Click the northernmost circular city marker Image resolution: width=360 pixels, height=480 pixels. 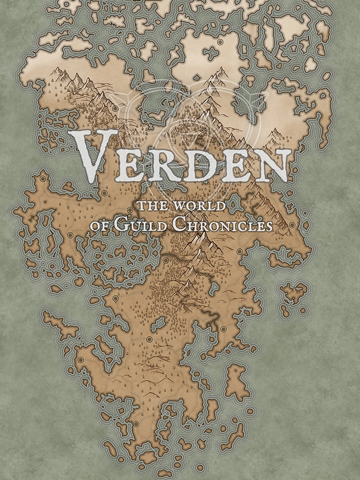(x=220, y=42)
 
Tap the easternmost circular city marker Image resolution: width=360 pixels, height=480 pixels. (x=292, y=224)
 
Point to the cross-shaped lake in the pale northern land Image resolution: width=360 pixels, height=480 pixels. (x=210, y=53)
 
